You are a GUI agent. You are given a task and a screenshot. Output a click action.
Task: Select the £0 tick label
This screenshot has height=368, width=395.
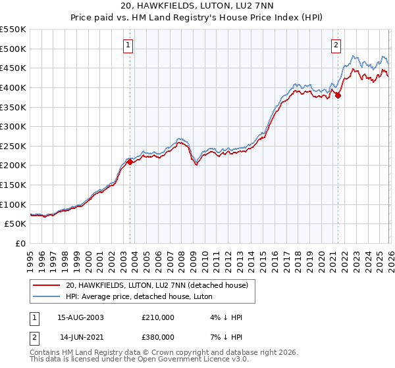point(21,243)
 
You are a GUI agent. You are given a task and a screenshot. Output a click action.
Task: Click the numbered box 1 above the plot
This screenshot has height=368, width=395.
point(128,45)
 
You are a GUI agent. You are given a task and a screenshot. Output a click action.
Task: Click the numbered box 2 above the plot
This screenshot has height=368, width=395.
point(336,45)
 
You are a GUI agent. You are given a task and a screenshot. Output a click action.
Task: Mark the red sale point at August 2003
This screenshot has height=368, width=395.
point(130,162)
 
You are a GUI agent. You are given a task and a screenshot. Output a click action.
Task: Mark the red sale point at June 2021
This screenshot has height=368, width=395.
point(338,95)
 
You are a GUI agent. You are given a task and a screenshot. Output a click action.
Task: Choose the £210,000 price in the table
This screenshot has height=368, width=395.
point(157,317)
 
